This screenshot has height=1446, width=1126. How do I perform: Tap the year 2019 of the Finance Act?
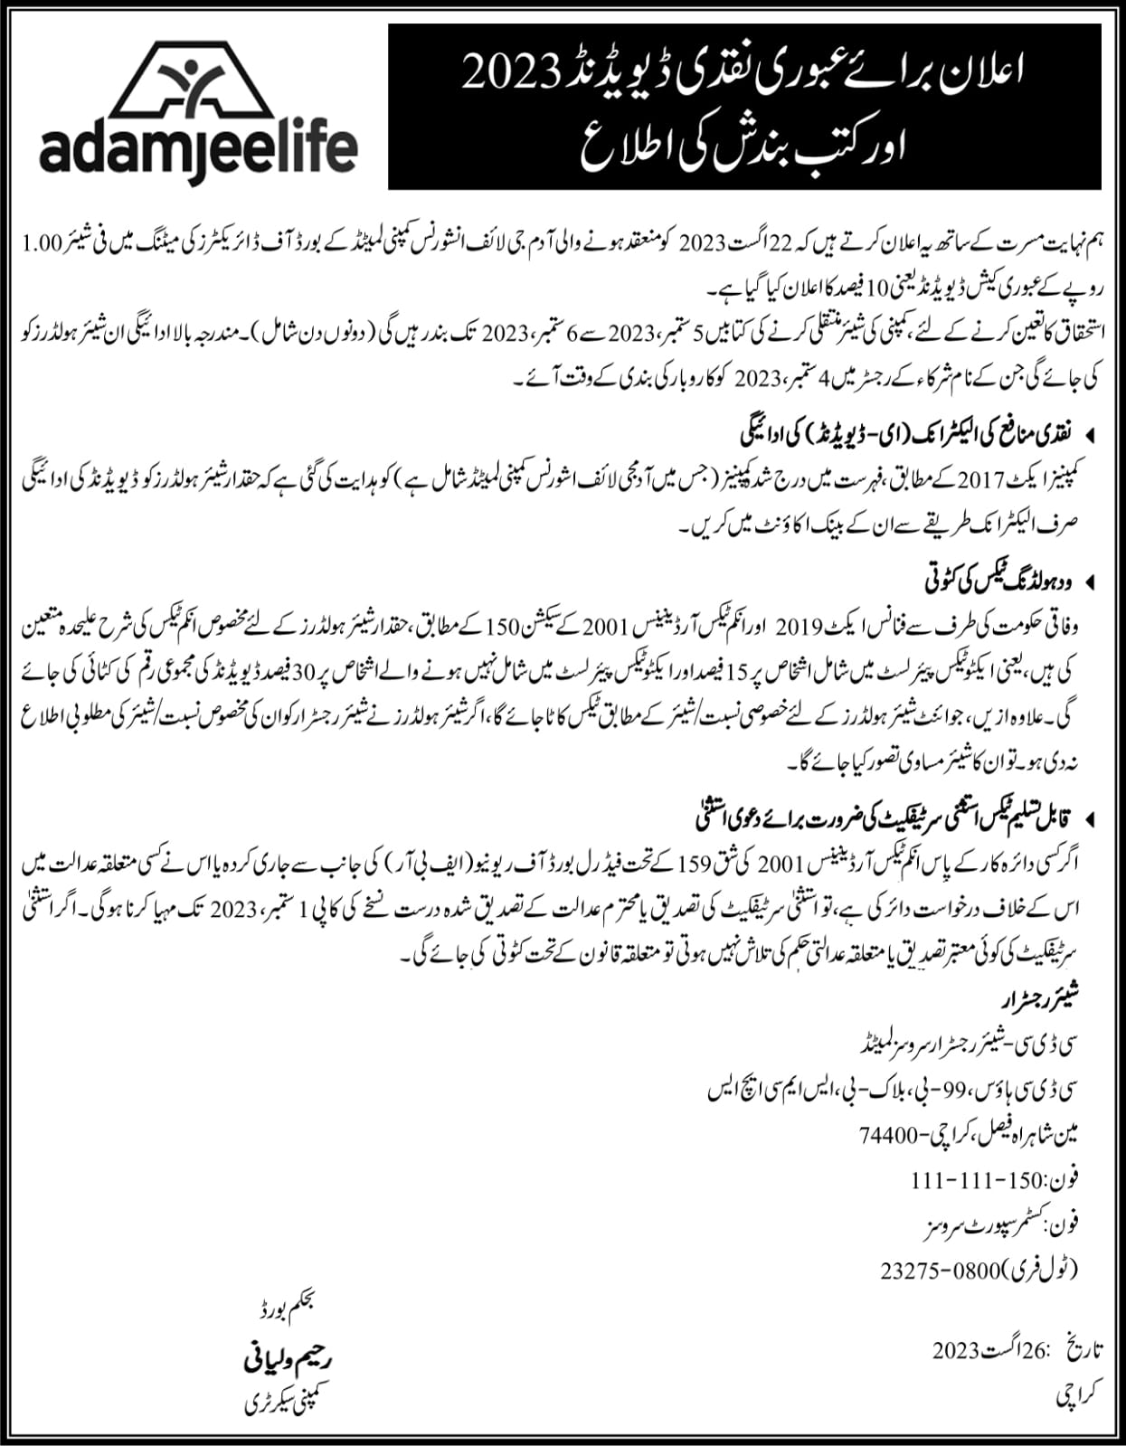point(800,625)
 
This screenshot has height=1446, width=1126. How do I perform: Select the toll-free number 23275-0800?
point(941,1271)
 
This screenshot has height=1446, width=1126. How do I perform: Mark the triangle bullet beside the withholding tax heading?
point(1090,579)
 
